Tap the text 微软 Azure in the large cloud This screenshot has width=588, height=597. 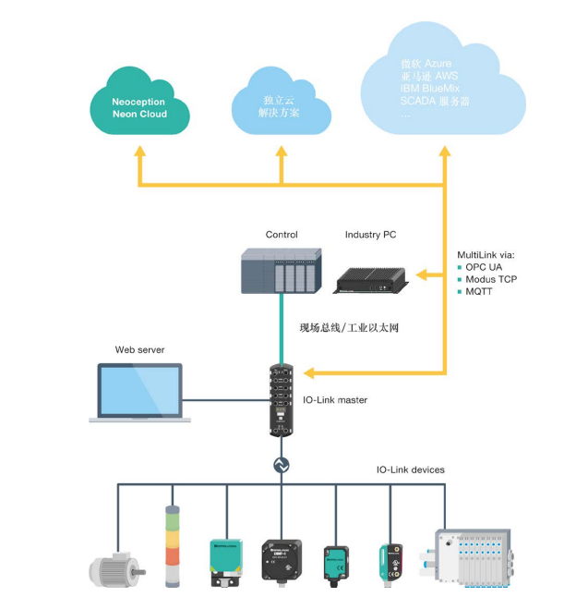pos(426,63)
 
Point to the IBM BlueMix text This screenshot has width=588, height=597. pos(430,88)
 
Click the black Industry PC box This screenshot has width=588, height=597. pos(370,277)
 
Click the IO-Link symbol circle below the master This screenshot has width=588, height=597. pos(281,466)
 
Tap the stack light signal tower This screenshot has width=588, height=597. pos(171,545)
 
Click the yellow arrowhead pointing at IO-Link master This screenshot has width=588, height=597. pos(308,373)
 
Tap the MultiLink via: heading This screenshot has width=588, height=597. pos(486,253)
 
